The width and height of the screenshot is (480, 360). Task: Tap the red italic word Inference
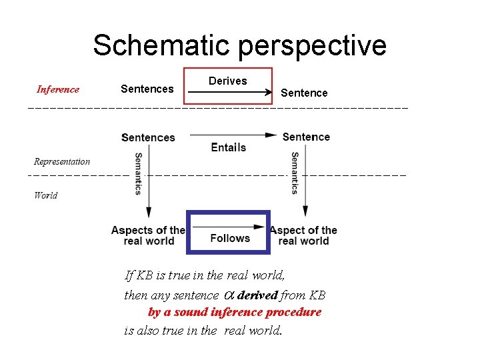(58, 89)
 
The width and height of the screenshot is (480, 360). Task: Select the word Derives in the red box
(227, 81)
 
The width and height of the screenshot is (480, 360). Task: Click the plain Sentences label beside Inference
(147, 89)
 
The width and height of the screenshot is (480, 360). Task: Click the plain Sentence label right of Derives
(304, 93)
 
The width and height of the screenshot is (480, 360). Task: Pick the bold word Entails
(229, 147)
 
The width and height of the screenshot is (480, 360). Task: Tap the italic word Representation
(62, 161)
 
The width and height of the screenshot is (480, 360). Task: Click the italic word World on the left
(45, 195)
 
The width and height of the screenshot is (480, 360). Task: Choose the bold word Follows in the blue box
(230, 238)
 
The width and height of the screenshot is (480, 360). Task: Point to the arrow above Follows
(229, 227)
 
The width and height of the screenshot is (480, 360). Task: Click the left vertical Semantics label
(138, 173)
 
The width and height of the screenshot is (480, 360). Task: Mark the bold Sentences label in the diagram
(148, 137)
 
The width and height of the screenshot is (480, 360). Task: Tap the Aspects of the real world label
(148, 235)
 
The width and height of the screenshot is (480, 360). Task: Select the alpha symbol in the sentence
(227, 295)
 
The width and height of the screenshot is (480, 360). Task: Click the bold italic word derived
(257, 295)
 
